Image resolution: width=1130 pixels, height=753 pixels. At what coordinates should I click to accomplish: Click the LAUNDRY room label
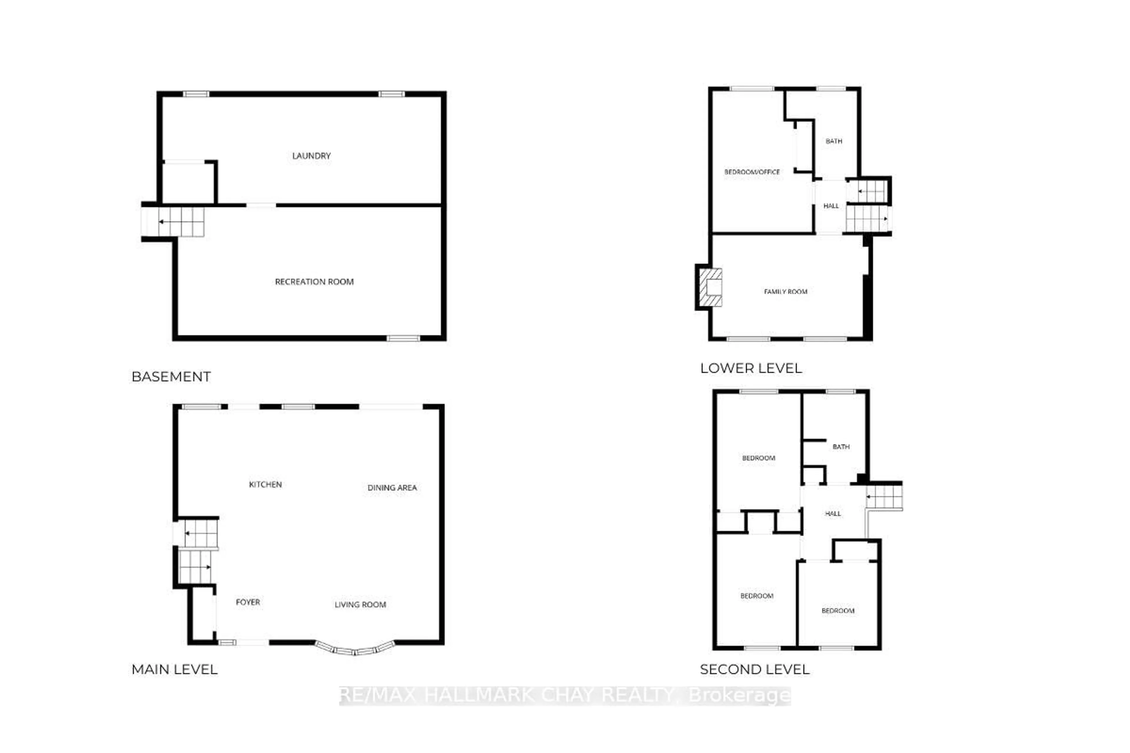311,156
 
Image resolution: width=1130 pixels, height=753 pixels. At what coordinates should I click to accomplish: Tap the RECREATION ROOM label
314,281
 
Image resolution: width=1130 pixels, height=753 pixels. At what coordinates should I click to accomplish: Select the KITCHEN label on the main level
265,484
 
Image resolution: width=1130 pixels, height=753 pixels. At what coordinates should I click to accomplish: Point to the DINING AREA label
392,487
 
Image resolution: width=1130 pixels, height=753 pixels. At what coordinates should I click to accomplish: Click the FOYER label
248,602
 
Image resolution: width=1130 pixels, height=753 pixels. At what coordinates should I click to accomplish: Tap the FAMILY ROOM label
785,291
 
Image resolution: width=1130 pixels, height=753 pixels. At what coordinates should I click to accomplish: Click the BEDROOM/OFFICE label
752,172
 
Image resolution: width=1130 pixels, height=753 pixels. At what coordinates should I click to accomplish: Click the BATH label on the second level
841,447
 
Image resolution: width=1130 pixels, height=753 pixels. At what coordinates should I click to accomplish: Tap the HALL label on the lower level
831,206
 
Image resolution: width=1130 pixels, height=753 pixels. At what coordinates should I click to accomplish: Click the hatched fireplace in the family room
710,287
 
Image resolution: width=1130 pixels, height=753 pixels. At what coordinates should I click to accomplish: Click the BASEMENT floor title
171,376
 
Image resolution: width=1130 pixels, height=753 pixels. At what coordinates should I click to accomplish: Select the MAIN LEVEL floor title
175,669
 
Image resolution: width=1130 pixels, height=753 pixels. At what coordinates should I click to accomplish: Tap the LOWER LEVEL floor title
751,368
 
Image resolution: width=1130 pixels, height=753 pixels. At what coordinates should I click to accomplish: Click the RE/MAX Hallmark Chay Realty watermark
565,695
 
